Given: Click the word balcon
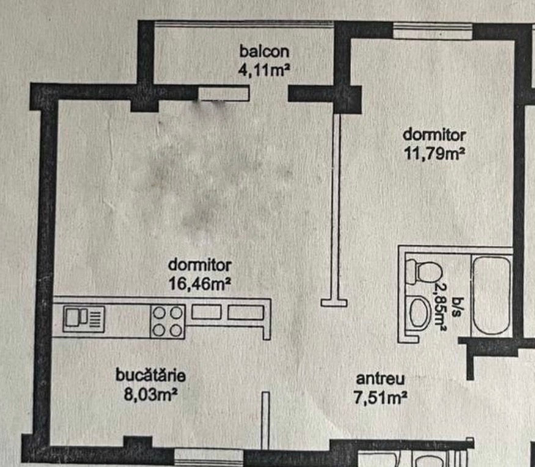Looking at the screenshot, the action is point(264,51).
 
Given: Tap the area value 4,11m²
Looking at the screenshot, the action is point(264,70).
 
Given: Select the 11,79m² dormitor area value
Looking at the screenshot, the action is point(434,154).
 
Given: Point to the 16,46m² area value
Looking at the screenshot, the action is point(199,283).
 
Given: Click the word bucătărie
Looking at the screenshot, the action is point(150,375).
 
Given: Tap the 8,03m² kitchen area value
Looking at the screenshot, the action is point(150,394).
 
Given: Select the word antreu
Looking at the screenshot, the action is point(380,379).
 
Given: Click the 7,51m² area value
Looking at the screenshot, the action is point(380,398).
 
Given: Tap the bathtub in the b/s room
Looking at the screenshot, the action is point(492,296).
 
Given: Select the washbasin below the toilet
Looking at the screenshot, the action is point(418,313).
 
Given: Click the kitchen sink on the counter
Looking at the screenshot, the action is point(84,319).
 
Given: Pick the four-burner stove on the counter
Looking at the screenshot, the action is point(168,321).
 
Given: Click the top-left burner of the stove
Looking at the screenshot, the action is point(159,313).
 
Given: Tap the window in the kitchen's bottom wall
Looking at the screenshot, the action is point(209,456).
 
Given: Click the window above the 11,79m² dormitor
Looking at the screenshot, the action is point(433,31).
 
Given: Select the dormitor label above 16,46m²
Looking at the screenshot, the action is point(199,265).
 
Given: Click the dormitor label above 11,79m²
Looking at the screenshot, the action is point(434,135).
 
